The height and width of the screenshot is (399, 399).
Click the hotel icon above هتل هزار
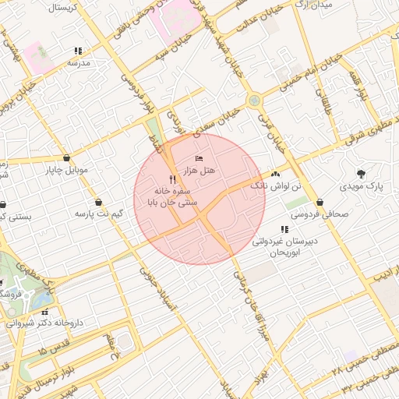point(198,159)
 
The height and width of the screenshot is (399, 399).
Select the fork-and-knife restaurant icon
point(172,179)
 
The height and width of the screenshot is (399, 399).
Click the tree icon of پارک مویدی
point(360,174)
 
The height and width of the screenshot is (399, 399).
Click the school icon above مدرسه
point(77,51)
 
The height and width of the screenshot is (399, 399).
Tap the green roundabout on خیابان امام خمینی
point(253,101)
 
